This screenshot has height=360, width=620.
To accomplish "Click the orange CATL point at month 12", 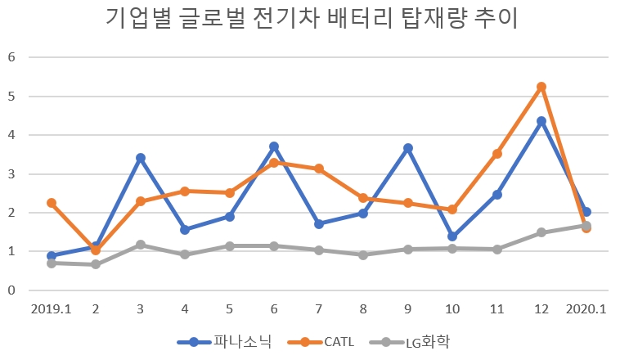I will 541,87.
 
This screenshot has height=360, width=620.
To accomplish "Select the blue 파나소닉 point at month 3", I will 141,158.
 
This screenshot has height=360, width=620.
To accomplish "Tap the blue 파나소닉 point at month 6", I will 274,146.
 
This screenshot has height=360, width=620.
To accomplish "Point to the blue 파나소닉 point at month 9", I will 408,148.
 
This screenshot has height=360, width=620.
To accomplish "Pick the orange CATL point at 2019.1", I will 52,203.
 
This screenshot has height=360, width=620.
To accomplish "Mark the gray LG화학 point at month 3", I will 141,245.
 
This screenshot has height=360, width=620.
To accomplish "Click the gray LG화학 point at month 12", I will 541,232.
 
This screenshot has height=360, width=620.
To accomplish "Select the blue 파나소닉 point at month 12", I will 541,121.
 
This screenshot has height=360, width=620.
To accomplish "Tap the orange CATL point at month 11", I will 496,154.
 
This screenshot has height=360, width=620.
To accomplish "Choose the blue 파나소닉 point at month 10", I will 452,236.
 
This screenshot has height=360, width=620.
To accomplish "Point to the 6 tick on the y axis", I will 12,57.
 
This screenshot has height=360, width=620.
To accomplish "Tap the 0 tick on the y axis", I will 12,290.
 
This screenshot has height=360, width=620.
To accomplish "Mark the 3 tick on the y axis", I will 12,174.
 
